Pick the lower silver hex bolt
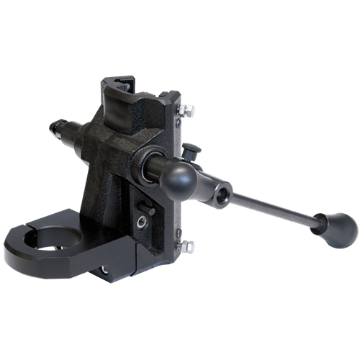(x=187, y=246)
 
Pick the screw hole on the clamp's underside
(x=105, y=270)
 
